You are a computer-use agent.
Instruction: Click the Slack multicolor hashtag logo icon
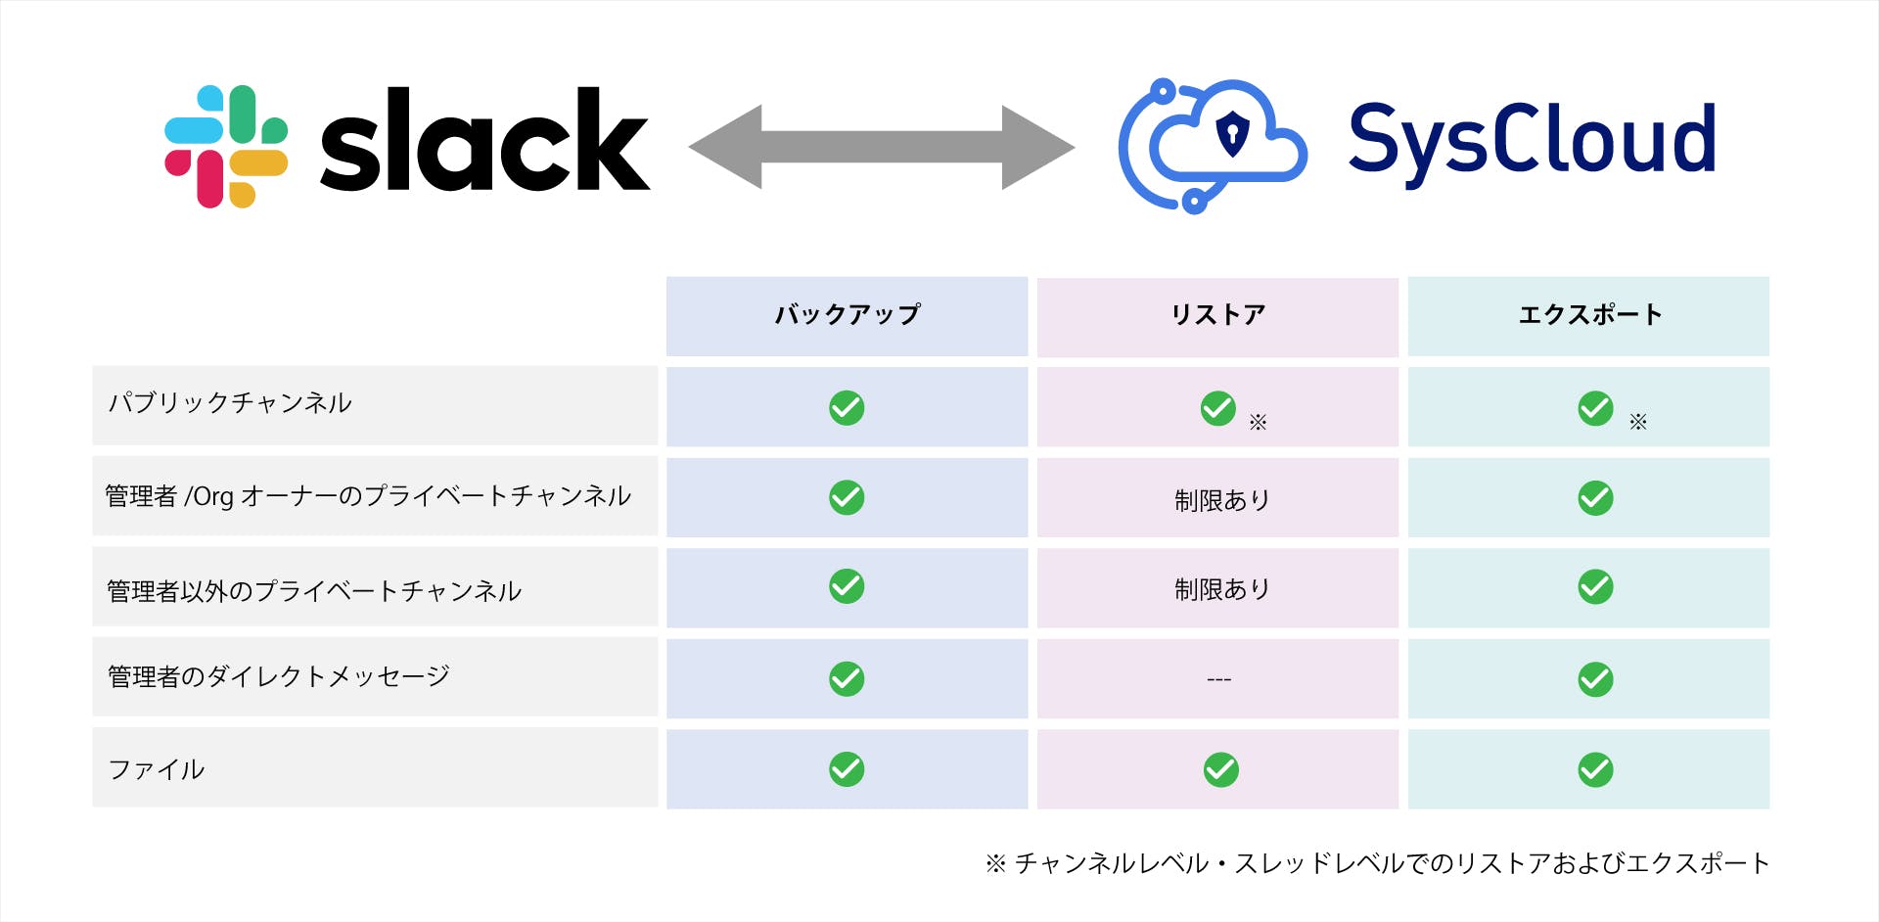226,147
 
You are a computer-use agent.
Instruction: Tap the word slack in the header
485,139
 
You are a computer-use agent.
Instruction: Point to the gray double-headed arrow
882,147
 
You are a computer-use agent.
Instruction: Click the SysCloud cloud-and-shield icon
1213,146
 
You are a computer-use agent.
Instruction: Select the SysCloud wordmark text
1533,143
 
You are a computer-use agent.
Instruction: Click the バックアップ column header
848,314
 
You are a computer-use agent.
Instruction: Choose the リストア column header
1218,314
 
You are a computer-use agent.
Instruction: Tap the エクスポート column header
1589,314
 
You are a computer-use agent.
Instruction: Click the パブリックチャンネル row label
230,402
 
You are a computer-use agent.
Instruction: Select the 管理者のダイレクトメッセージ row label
279,676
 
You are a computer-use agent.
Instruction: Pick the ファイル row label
157,769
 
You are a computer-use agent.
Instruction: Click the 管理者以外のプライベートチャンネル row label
314,590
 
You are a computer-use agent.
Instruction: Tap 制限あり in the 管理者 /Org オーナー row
1222,500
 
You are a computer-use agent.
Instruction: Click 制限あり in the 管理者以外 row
1222,589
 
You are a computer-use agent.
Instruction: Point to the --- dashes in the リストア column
1219,679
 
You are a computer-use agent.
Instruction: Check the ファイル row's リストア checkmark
1221,770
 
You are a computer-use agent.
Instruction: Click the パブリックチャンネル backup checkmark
847,408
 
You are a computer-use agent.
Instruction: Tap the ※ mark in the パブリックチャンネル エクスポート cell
1638,422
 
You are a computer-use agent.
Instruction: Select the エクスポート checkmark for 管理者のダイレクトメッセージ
1596,679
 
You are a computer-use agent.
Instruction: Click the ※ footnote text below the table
1377,863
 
